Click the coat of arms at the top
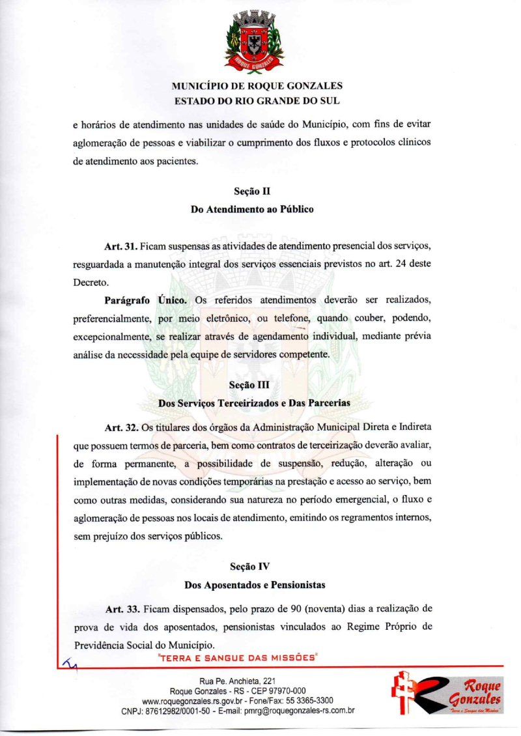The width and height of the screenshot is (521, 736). tap(254, 40)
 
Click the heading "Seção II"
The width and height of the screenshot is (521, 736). tap(251, 192)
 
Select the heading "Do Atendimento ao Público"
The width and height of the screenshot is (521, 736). tap(251, 210)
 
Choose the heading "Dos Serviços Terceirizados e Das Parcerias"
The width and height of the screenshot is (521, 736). tap(254, 403)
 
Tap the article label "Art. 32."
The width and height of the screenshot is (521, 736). tap(120, 427)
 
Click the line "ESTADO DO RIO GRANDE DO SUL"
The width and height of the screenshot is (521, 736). tap(257, 101)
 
